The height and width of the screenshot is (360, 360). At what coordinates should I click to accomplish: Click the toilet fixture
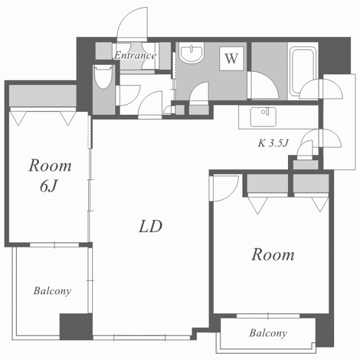coord(103,77)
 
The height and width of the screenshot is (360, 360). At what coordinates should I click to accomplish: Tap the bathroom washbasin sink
coord(191,52)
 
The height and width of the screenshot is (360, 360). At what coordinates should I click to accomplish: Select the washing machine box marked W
coord(231,58)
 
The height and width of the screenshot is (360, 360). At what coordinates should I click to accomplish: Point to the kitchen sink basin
coord(263,117)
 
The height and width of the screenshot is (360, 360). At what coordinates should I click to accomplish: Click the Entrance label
coord(135,55)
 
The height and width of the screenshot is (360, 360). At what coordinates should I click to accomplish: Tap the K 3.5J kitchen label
coord(273,143)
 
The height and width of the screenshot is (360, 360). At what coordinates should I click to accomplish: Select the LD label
coord(150,226)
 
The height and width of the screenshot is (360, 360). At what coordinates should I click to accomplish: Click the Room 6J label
coord(50,175)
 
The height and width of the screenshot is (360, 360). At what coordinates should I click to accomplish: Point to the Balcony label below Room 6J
coord(52,291)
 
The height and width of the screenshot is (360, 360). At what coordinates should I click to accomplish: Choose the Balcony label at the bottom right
coord(268,333)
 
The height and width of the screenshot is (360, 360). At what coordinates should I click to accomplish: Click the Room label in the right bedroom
coord(273,255)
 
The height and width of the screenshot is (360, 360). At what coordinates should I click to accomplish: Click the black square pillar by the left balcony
coord(76,327)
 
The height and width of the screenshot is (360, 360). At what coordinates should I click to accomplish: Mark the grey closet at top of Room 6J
coord(43,96)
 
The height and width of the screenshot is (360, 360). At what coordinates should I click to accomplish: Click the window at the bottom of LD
coord(142,337)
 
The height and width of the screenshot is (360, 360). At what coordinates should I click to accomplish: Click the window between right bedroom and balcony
coord(268,316)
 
